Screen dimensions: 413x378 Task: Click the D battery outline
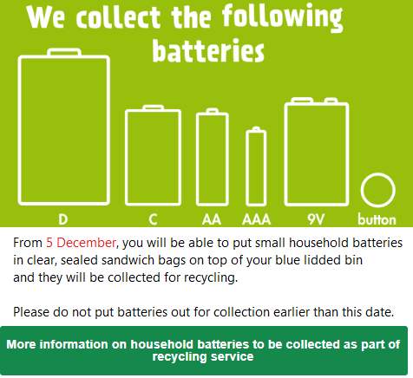20,130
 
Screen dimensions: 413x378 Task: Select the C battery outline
127,158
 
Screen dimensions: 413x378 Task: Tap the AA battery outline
198,159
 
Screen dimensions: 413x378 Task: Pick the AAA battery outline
247,167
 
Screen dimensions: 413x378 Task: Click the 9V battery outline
286,153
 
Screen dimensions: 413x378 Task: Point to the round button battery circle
362,190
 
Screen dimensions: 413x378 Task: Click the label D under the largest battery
63,219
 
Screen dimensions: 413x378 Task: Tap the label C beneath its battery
153,219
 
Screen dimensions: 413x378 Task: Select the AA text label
212,219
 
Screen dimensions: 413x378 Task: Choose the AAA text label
257,219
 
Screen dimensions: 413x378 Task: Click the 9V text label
316,219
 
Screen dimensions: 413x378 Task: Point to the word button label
377,219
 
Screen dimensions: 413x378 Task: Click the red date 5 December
81,243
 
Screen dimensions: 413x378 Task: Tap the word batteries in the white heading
208,51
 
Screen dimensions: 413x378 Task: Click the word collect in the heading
118,16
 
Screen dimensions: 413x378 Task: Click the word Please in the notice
31,312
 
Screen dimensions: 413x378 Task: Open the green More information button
204,350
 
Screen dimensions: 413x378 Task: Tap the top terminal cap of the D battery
64,52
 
